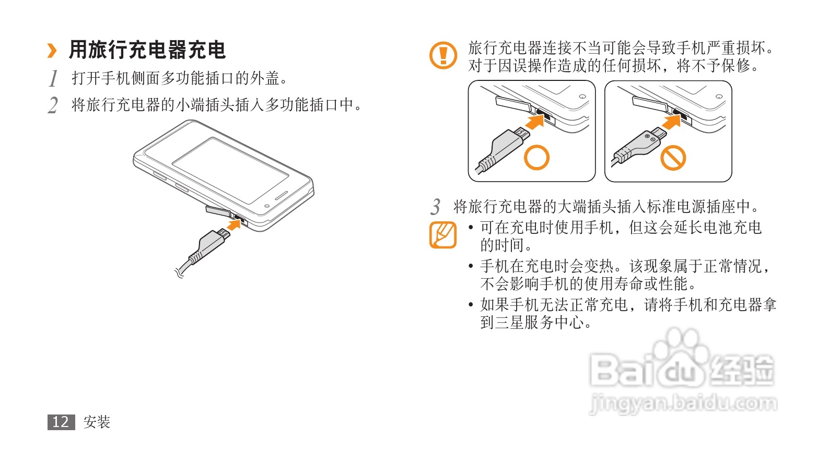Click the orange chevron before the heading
coord(52,51)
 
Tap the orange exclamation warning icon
coord(443,55)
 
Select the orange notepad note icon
coord(443,235)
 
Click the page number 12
coord(61,422)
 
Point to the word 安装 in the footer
coord(97,422)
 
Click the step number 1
coord(54,78)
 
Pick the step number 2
coord(53,105)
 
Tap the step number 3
coord(436,206)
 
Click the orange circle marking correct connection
coord(536,158)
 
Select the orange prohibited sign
coord(673,158)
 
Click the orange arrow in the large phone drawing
coord(234,224)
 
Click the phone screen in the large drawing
coord(230,170)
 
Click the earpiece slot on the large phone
coord(281,195)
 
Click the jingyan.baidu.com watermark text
coord(683,404)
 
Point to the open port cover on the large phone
coord(218,211)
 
